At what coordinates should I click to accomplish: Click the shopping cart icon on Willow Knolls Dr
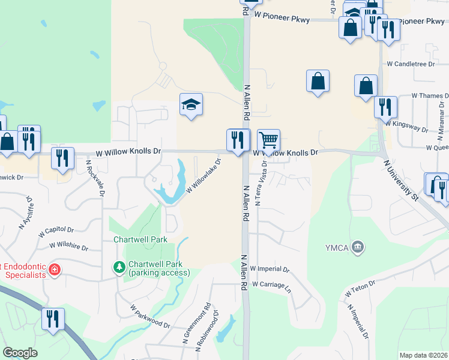click(269, 140)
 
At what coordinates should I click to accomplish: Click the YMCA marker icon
click(358, 246)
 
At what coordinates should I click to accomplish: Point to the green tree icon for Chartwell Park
click(119, 266)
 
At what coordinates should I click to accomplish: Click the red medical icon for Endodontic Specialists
click(55, 269)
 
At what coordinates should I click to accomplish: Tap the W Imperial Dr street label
click(270, 269)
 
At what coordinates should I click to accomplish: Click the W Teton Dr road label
click(360, 287)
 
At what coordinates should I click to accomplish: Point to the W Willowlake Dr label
click(204, 176)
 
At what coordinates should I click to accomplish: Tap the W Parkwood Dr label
click(150, 316)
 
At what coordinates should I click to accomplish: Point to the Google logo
click(20, 353)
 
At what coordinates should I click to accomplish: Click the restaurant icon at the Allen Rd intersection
click(238, 140)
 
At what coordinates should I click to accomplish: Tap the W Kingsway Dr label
click(407, 125)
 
